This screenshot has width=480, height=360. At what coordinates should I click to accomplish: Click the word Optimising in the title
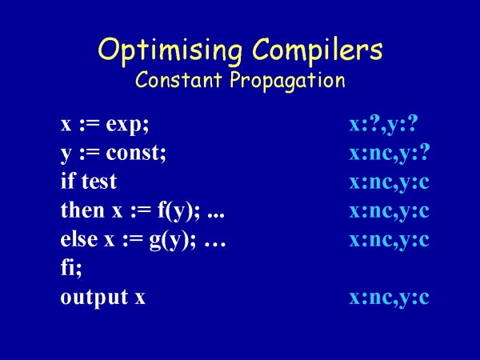pyautogui.click(x=170, y=50)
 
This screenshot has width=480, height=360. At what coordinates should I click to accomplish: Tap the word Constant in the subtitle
pyautogui.click(x=178, y=79)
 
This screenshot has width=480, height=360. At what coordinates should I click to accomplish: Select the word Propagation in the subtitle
pyautogui.click(x=287, y=81)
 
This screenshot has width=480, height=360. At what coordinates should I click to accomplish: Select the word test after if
pyautogui.click(x=99, y=182)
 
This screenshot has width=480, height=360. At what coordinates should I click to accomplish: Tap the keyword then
pyautogui.click(x=82, y=210)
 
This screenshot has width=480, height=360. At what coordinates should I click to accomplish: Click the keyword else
pyautogui.click(x=79, y=238)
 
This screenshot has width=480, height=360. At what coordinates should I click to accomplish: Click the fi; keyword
pyautogui.click(x=71, y=267)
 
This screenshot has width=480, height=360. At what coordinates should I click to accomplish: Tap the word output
pyautogui.click(x=94, y=297)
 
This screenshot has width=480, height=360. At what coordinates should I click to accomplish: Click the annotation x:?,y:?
pyautogui.click(x=383, y=124)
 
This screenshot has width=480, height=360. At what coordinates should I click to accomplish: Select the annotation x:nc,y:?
pyautogui.click(x=390, y=153)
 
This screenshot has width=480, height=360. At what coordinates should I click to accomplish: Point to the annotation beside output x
pyautogui.click(x=389, y=298)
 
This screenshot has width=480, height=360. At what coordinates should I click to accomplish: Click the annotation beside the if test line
pyautogui.click(x=389, y=182)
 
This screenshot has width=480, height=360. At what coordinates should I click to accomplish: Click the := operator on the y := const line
pyautogui.click(x=90, y=153)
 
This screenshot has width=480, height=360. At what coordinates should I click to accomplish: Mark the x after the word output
pyautogui.click(x=140, y=298)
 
